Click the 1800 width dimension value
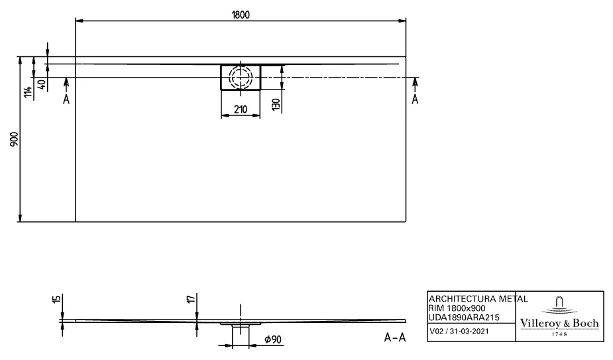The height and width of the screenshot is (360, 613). tap(240, 15)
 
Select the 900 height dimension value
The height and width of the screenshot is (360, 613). tap(15, 140)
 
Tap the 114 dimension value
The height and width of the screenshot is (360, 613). tap(27, 92)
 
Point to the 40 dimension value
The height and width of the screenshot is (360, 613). tap(41, 84)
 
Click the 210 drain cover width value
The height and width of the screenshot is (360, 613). tap(240, 110)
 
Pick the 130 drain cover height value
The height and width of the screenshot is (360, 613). tap(274, 103)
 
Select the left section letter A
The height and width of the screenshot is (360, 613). tap(66, 99)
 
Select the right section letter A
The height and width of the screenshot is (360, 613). tap(415, 99)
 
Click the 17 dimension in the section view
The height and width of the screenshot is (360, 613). tap(190, 300)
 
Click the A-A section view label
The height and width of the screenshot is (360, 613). tap(395, 338)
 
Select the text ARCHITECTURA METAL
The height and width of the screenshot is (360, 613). tap(478, 299)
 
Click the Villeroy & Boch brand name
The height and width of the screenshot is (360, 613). tap(561, 323)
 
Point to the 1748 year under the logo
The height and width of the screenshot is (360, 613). tap(561, 335)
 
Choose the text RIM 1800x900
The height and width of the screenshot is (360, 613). tap(457, 308)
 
